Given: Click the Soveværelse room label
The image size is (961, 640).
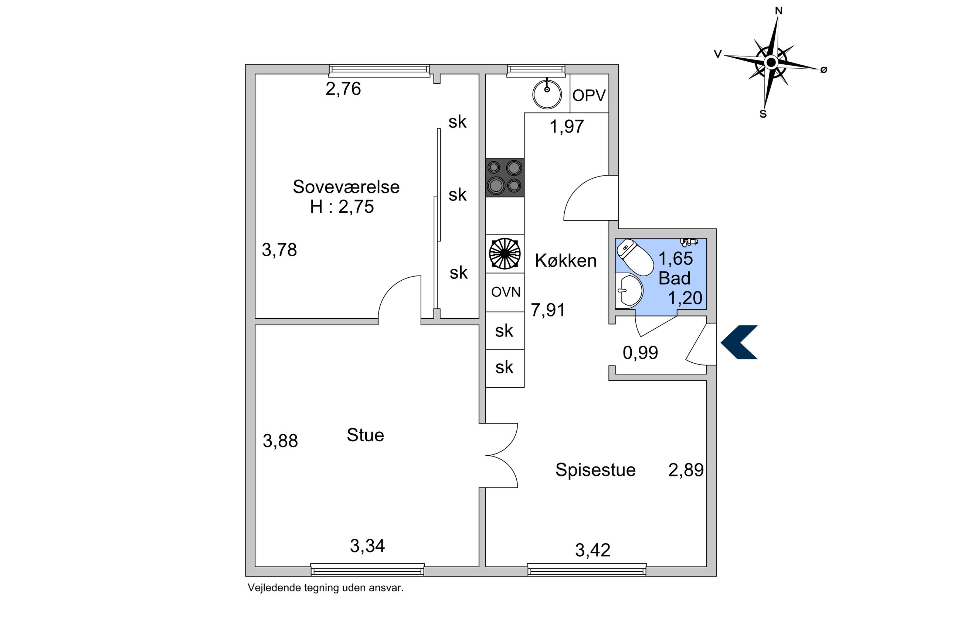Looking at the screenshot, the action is [346, 187].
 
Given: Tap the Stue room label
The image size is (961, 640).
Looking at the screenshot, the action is [365, 435].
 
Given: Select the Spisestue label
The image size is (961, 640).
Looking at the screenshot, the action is [595, 470].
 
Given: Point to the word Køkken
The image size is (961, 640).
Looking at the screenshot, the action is [566, 260].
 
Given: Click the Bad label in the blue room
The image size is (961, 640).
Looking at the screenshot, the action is [674, 278].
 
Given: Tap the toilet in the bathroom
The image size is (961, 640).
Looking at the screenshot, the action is [635, 257].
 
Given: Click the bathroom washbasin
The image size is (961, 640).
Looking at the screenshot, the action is [629, 291].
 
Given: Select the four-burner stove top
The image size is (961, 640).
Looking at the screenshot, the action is [505, 178].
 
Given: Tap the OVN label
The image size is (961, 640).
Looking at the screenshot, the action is [506, 292].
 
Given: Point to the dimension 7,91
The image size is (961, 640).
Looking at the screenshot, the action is [548, 310].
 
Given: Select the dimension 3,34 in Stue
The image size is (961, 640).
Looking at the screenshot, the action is [367, 546].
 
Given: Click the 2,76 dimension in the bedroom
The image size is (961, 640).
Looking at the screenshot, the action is [343, 89].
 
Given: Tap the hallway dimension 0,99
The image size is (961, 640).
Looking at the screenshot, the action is [640, 353].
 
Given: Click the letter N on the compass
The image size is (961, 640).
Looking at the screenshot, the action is [778, 11].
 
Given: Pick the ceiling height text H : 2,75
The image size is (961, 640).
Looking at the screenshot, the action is [342, 206].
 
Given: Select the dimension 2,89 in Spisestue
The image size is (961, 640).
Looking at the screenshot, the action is [686, 470].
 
